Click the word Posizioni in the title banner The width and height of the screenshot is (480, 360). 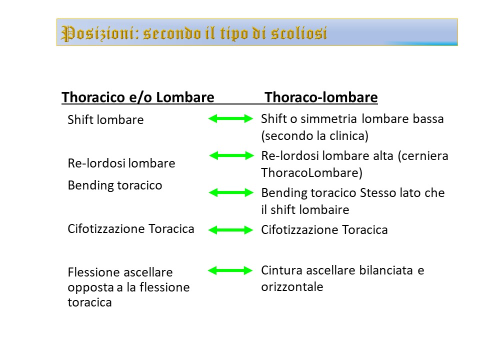[x=97, y=33]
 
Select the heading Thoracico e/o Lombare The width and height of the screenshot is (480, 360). [x=138, y=97]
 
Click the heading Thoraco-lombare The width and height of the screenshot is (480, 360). [x=321, y=97]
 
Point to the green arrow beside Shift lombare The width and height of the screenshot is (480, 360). [x=230, y=118]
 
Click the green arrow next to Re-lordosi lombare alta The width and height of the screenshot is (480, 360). [x=231, y=155]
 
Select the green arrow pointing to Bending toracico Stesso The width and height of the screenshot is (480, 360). [x=231, y=192]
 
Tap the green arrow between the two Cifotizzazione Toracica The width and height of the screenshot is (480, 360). [x=230, y=230]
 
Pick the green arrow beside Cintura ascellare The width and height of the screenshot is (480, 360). [x=230, y=270]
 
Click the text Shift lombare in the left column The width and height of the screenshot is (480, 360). [x=105, y=119]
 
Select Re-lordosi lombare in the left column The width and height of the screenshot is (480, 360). [x=121, y=163]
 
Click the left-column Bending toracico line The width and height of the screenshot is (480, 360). [x=115, y=185]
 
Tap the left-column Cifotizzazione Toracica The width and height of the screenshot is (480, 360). [x=131, y=228]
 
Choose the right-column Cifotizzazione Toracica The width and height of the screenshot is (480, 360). [x=324, y=229]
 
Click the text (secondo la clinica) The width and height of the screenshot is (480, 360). [x=314, y=135]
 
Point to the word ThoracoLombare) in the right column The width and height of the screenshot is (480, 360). [x=311, y=172]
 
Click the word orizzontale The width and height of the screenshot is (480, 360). [x=292, y=287]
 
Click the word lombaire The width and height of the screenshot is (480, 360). [x=324, y=209]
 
